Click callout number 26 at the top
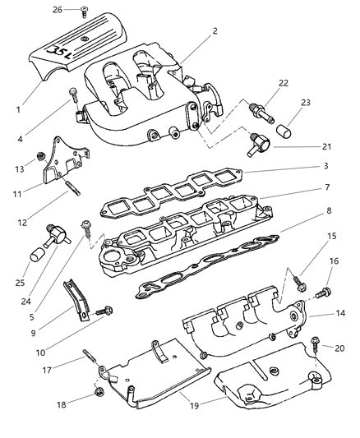coord(57,10)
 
